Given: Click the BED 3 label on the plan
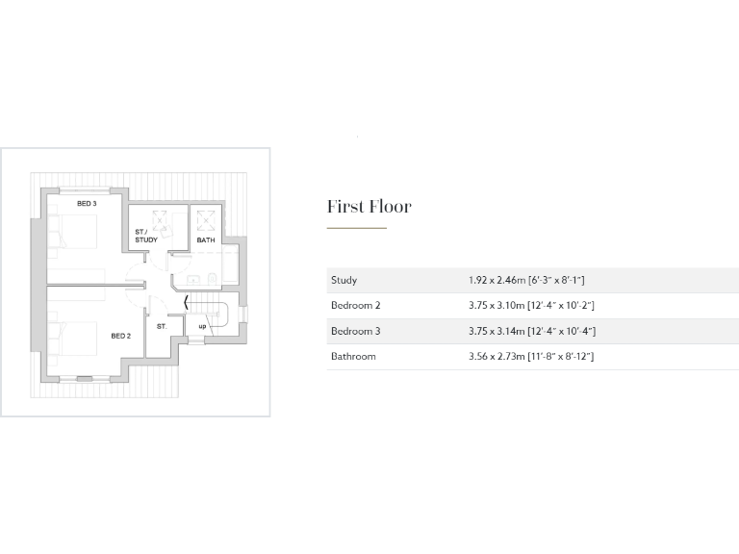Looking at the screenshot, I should click(87, 204).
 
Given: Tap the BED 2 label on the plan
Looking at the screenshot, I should click(120, 336).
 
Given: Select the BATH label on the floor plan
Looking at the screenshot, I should click(206, 239).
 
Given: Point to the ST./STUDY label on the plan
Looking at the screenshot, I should click(146, 236).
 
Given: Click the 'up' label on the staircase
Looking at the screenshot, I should click(202, 326).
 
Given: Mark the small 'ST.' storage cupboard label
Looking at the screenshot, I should click(161, 326).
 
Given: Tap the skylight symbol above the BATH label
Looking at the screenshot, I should click(206, 218).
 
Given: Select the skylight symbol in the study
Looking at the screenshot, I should click(160, 218).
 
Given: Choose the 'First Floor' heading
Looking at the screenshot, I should click(369, 207).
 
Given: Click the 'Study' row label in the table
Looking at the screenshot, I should click(344, 280).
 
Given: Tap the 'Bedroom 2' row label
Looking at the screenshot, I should click(356, 306).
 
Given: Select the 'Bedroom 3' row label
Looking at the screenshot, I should click(356, 331).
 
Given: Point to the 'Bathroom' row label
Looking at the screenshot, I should click(353, 357).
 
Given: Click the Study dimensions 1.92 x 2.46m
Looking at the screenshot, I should click(526, 280).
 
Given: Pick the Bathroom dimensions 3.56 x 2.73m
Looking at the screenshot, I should click(531, 357).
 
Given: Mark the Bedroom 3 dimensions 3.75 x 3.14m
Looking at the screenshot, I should click(531, 331).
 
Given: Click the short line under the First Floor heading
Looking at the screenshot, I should click(356, 228).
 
